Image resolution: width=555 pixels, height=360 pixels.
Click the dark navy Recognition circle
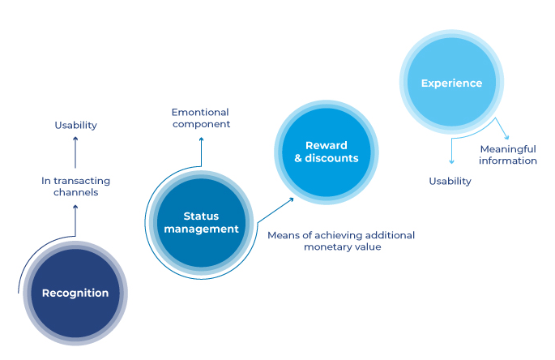tap(75, 293)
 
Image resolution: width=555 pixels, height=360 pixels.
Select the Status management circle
tap(201, 223)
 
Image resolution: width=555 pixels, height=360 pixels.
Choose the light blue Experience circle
tap(451, 83)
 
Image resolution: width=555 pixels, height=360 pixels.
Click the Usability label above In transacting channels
tap(75, 125)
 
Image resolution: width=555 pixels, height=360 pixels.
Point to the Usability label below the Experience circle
tap(450, 181)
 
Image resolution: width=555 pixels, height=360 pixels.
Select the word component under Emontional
tap(201, 124)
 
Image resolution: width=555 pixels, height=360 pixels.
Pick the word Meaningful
tap(508, 149)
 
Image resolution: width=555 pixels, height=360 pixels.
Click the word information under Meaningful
tap(508, 161)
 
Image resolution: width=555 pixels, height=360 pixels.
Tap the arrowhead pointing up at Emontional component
tap(201, 139)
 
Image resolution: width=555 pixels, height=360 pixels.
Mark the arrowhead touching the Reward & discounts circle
tap(292, 198)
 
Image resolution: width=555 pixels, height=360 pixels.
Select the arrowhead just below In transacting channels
tap(75, 207)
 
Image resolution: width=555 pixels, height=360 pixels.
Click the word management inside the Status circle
tap(201, 229)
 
